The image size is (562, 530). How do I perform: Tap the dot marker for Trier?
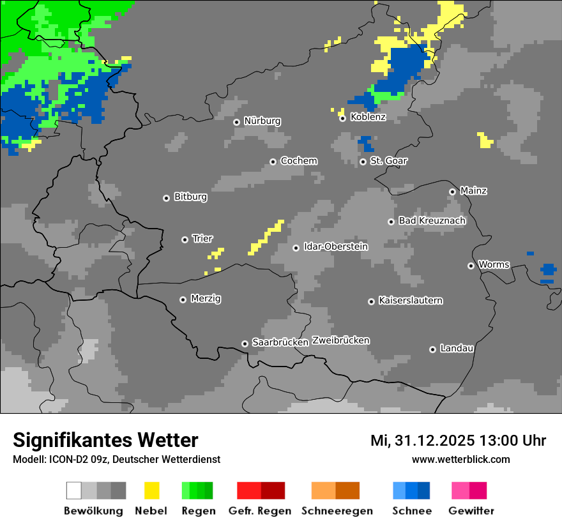(185, 239)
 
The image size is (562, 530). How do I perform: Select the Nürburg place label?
(262, 121)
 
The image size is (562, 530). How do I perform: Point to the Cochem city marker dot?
(273, 162)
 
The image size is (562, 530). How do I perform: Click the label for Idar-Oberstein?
(335, 246)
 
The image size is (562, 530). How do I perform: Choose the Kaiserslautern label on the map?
(410, 300)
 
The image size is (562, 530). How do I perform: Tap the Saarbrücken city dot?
(245, 344)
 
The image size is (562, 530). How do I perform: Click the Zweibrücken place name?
(340, 340)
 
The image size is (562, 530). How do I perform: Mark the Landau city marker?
(432, 349)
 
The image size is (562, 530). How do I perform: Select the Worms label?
(494, 264)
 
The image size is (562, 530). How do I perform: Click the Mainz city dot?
(452, 192)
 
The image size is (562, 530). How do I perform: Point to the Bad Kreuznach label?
(432, 220)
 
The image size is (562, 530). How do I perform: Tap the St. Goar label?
(388, 161)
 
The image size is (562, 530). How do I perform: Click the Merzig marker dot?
(183, 299)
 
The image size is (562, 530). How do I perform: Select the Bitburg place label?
(190, 197)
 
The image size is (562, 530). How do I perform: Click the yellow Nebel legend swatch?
(151, 490)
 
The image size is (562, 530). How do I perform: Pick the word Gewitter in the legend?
(471, 511)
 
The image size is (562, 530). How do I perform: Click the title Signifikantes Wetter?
(105, 440)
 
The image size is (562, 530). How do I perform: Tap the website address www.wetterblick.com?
(460, 459)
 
